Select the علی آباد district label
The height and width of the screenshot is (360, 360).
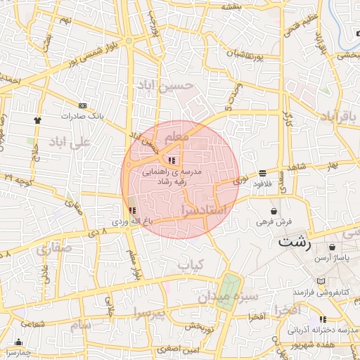pyautogui.click(x=70, y=142)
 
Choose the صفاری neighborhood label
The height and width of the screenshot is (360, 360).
pyautogui.click(x=53, y=249)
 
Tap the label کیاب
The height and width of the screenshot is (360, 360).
pyautogui.click(x=189, y=264)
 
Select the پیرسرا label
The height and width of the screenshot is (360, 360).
pyautogui.click(x=149, y=311)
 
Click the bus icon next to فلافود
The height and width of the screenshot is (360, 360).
pyautogui.click(x=263, y=173)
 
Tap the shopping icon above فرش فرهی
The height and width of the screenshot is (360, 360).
pyautogui.click(x=274, y=211)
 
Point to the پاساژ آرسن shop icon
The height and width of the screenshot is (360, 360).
pyautogui.click(x=331, y=247)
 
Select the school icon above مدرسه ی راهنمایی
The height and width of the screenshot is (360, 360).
pyautogui.click(x=173, y=160)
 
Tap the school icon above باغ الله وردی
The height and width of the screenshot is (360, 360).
pyautogui.click(x=133, y=210)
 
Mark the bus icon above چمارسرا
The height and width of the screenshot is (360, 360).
pyautogui.click(x=13, y=342)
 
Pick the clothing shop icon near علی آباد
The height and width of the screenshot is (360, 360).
pyautogui.click(x=37, y=120)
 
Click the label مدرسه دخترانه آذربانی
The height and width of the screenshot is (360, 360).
pyautogui.click(x=324, y=329)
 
